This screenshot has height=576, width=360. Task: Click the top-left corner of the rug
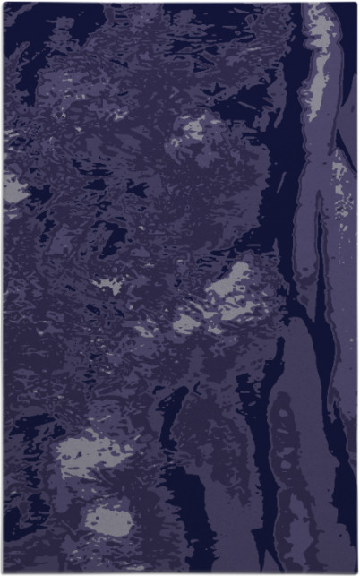(4, 4)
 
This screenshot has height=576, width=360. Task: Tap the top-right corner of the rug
(356, 3)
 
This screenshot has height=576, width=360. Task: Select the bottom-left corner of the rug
(4, 572)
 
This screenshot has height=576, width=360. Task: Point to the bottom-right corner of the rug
(356, 572)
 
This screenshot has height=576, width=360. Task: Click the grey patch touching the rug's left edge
(13, 187)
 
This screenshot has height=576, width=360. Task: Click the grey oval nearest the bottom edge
(107, 520)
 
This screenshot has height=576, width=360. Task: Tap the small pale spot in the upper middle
(193, 130)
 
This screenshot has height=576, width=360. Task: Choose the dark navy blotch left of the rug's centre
(112, 237)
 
